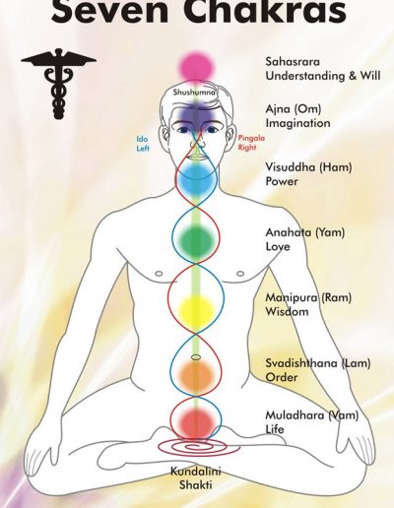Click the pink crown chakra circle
click(x=197, y=67)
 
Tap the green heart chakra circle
click(x=196, y=241)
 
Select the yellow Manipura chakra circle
click(x=196, y=308)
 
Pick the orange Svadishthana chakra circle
click(x=196, y=374)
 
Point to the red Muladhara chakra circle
click(x=196, y=421)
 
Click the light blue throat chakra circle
click(x=197, y=179)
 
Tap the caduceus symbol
click(x=58, y=84)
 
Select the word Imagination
click(x=297, y=123)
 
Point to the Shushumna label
click(x=194, y=93)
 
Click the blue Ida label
click(x=142, y=139)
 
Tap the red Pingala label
click(x=251, y=138)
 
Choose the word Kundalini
click(x=196, y=472)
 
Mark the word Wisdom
click(x=287, y=311)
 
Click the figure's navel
click(x=195, y=357)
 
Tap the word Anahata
click(x=289, y=232)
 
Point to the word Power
click(x=282, y=181)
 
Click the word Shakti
click(x=196, y=484)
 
